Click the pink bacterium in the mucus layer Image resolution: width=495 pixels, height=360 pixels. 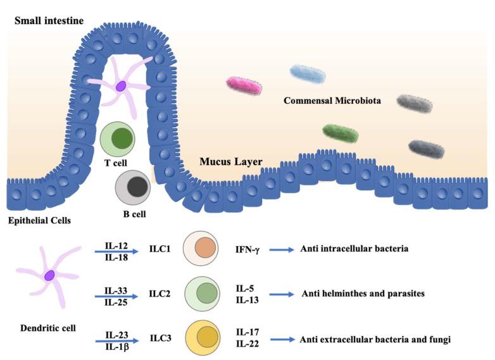click(244, 85)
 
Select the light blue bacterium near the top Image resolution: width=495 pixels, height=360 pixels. click(308, 73)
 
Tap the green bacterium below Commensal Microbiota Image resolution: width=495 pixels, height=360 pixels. click(340, 133)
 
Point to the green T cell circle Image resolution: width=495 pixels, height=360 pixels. click(118, 139)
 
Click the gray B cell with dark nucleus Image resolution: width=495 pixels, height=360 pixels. click(134, 187)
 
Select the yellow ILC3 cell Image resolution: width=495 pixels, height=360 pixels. click(203, 338)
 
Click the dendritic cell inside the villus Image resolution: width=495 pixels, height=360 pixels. click(120, 85)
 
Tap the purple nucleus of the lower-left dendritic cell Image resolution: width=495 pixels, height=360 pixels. click(50, 275)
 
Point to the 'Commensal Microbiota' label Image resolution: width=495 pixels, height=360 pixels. click(332, 100)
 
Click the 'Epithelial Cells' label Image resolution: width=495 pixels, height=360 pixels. click(39, 221)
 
